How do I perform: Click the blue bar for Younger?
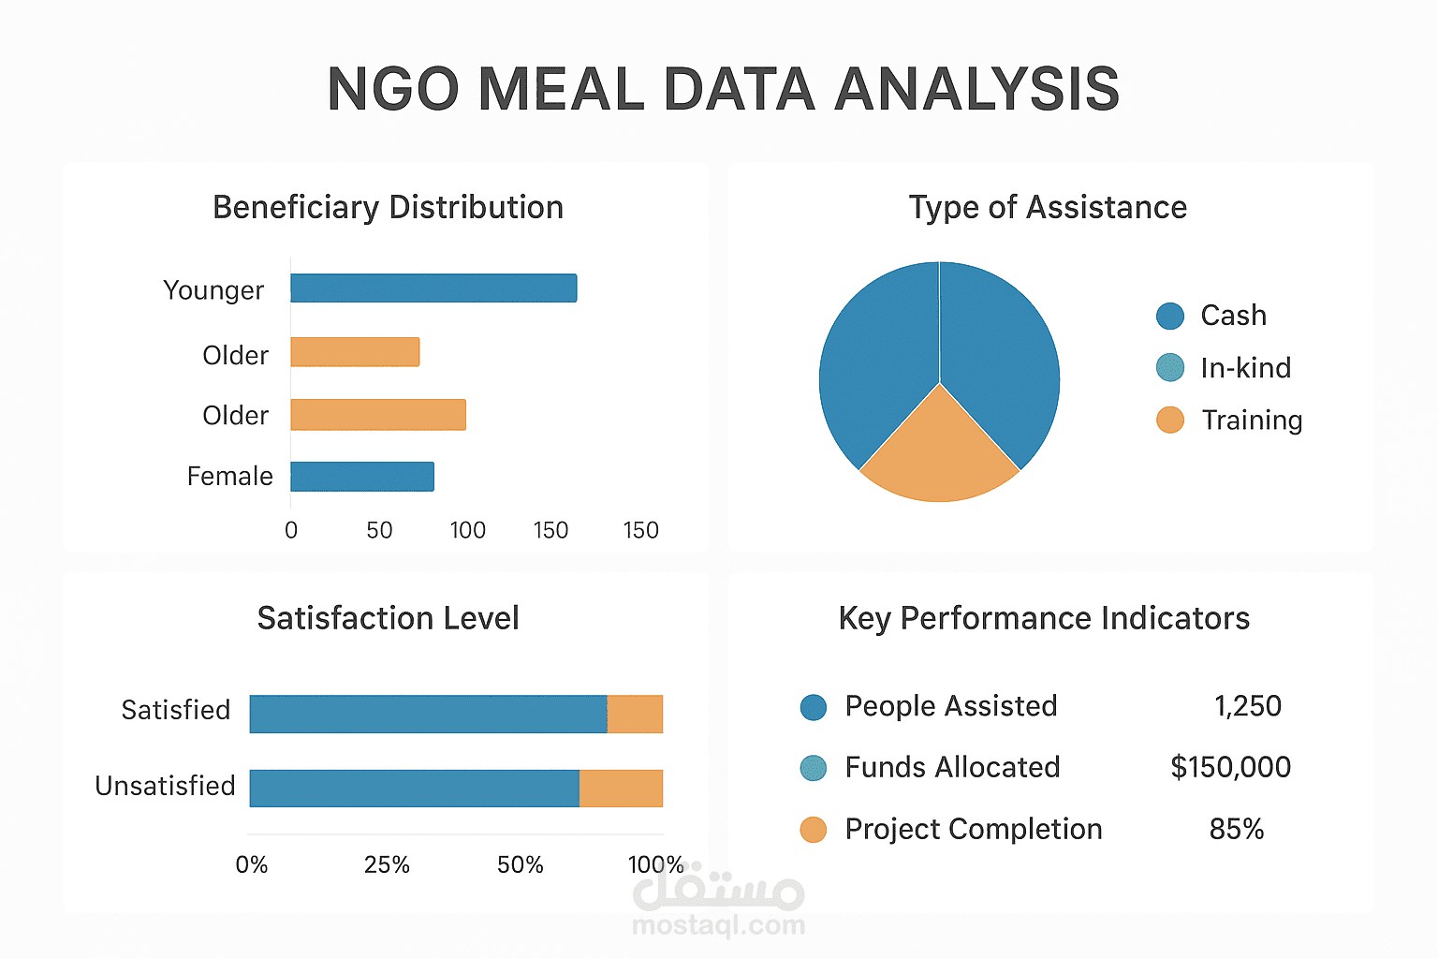[x=433, y=288]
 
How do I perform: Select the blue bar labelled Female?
[x=362, y=477]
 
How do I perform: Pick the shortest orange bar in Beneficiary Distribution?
[x=355, y=352]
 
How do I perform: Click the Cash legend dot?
[x=1170, y=317]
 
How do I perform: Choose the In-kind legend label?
[x=1245, y=368]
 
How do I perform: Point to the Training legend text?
[x=1252, y=420]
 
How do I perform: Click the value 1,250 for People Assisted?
[x=1247, y=706]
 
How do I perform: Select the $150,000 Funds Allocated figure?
[x=1230, y=768]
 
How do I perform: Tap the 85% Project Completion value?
[x=1236, y=830]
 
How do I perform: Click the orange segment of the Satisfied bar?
[x=635, y=715]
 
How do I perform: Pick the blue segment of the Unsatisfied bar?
[x=415, y=789]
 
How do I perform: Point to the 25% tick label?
[x=387, y=865]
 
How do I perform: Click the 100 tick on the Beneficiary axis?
[x=467, y=531]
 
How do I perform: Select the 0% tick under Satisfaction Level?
[x=252, y=865]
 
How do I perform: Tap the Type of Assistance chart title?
[x=1048, y=208]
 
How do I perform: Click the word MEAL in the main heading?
[x=560, y=90]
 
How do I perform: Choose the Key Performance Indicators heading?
[x=1044, y=619]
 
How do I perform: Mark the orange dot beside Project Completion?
[x=814, y=830]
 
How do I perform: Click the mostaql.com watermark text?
[x=718, y=926]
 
